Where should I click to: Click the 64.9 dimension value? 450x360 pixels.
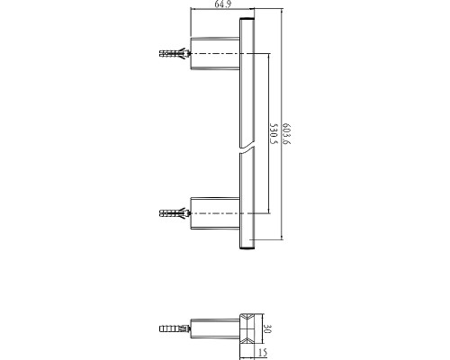click(223, 4)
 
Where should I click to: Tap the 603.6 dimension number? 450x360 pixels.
click(286, 133)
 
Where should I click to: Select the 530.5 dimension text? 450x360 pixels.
click(273, 133)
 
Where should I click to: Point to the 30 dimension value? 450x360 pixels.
click(267, 328)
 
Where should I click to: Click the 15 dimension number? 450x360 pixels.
click(263, 353)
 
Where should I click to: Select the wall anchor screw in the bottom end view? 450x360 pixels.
click(175, 328)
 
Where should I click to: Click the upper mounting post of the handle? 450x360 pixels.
click(215, 54)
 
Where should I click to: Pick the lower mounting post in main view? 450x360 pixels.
click(215, 213)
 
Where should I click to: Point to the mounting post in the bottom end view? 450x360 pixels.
click(215, 328)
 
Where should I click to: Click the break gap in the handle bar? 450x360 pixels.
click(247, 150)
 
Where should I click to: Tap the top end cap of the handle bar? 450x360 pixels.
click(247, 20)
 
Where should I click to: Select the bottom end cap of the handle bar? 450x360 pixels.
click(247, 247)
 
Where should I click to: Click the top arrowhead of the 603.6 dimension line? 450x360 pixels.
click(282, 12)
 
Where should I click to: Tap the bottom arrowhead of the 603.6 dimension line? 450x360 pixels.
click(282, 237)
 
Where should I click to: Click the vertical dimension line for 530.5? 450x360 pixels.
click(268, 133)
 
